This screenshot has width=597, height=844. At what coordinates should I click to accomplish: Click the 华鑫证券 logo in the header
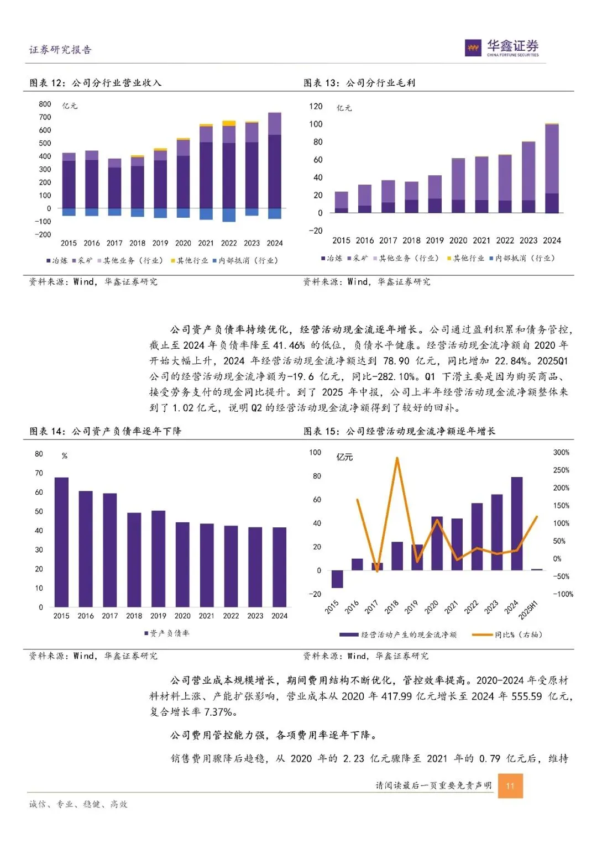502,48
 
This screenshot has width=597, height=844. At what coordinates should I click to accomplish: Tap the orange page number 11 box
510,785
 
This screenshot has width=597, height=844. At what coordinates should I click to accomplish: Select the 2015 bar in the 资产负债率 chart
61,542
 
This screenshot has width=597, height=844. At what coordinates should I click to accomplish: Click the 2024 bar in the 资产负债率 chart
279,567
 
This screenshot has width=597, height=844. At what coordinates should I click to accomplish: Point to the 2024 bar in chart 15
516,523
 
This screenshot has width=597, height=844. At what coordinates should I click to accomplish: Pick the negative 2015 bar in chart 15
337,579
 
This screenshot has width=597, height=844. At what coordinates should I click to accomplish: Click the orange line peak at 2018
397,458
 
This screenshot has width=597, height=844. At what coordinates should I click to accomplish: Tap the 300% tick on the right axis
561,453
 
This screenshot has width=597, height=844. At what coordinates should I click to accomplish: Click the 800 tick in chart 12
45,104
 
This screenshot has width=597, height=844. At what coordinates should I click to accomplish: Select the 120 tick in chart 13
316,106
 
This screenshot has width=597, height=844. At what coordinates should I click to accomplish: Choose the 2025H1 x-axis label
528,609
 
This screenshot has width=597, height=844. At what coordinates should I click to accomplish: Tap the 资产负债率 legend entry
167,633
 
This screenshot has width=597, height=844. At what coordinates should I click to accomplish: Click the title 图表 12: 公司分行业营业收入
95,83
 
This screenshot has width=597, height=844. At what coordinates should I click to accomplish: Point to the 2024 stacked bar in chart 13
552,168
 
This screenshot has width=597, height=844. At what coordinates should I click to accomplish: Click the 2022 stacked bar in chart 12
229,171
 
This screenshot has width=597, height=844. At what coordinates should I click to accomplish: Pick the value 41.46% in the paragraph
289,345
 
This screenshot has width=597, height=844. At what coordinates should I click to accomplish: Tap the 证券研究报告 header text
60,50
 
